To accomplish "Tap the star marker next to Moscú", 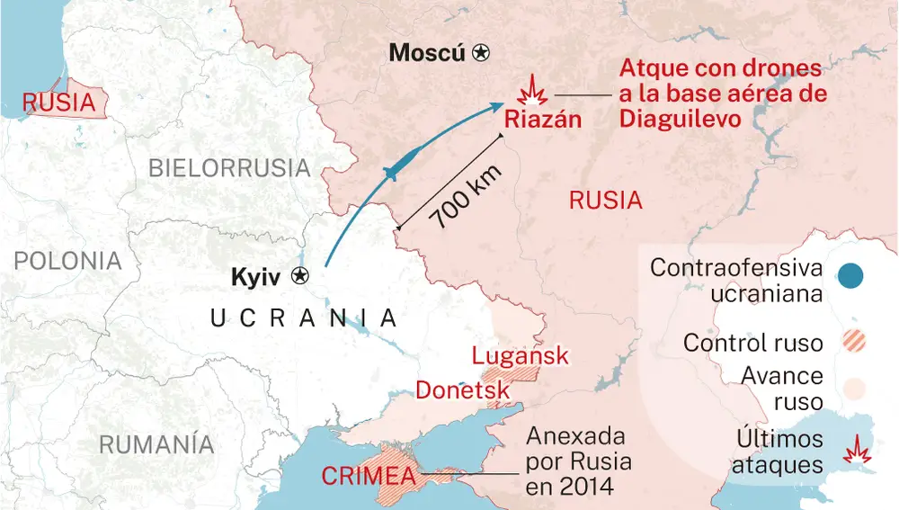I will (x=483, y=53).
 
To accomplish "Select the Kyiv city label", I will (x=256, y=277).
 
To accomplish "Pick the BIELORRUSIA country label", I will (x=229, y=167).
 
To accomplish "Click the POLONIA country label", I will (x=67, y=261).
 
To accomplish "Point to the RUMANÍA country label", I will (x=156, y=444).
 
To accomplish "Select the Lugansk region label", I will (x=521, y=355).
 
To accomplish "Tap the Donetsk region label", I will (x=462, y=390).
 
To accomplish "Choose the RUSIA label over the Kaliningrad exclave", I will (x=59, y=103).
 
